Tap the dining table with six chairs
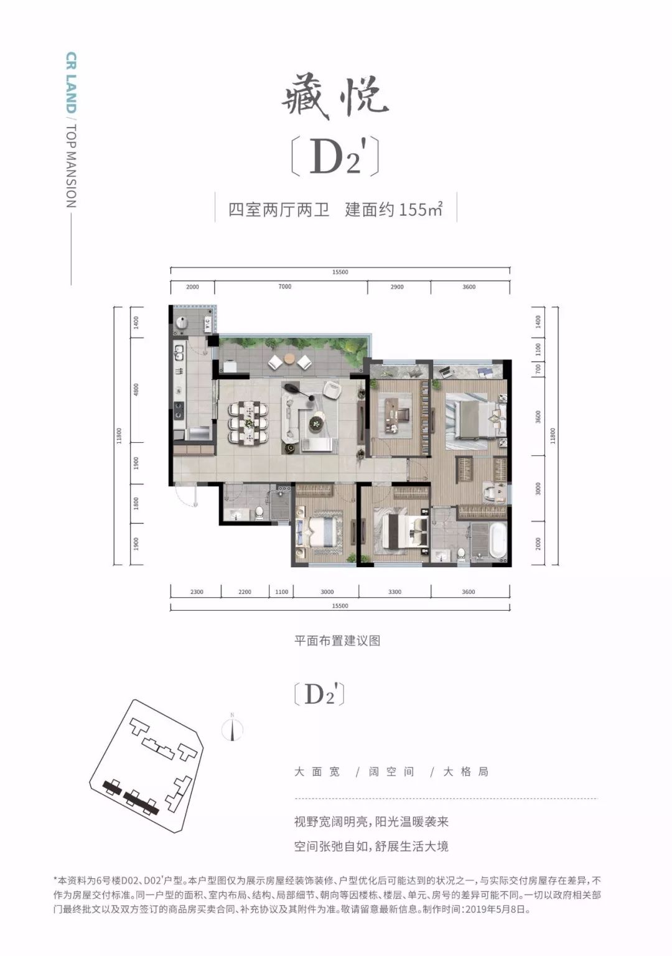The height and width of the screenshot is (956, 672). pos(248,423)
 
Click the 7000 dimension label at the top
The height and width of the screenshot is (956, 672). pos(285,287)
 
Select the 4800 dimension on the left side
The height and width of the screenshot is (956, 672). pos(136,390)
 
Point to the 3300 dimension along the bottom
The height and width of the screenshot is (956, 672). pos(394,592)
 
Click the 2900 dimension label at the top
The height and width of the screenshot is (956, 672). pos(397,287)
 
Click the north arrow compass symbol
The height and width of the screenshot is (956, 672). pos(232,728)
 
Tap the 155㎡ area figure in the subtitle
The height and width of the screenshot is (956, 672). pos(421,210)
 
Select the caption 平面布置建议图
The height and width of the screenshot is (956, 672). pos(337,641)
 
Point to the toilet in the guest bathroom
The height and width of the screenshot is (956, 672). pos(259,513)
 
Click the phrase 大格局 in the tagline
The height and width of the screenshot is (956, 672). pos(465,772)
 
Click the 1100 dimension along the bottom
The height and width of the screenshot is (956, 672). pos(281,592)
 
